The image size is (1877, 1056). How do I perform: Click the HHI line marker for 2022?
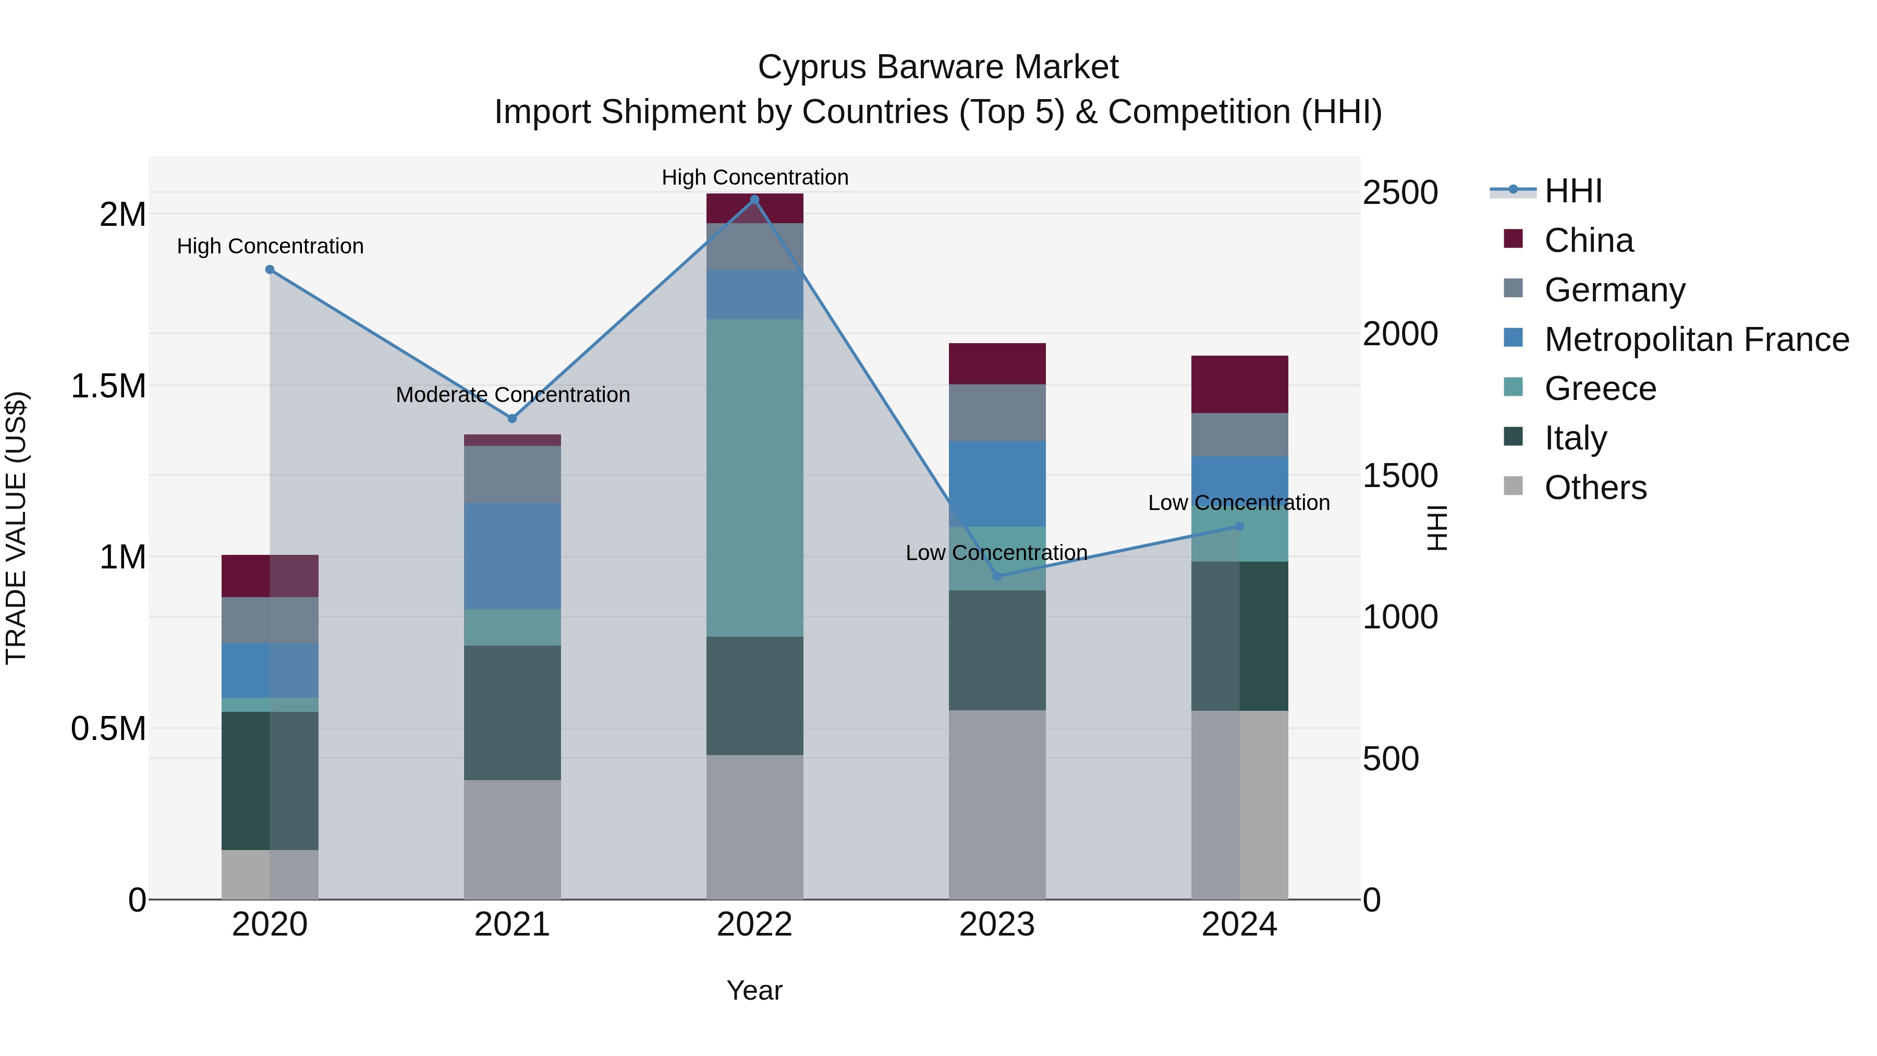coord(754,200)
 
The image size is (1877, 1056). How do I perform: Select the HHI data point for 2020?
coord(270,270)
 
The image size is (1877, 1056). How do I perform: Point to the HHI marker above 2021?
coord(512,418)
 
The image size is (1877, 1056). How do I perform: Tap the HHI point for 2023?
coord(997,576)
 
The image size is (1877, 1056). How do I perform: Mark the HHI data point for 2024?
coord(1239,526)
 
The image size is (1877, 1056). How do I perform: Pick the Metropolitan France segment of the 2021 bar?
coord(512,555)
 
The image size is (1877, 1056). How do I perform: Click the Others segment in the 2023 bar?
coord(997,805)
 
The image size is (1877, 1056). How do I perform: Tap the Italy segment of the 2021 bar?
coord(512,713)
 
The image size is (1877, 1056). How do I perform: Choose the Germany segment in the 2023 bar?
coord(997,412)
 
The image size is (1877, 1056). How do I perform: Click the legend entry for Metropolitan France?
coord(1696,339)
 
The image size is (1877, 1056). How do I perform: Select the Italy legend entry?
coord(1575,438)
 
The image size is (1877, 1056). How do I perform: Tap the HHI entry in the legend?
coord(1573,191)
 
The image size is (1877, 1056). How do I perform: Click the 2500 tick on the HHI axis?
coord(1400,193)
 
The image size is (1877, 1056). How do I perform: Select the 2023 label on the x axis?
coord(997,925)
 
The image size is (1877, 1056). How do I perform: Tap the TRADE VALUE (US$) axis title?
coord(16,528)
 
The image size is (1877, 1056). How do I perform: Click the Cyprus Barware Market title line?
coord(938,67)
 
